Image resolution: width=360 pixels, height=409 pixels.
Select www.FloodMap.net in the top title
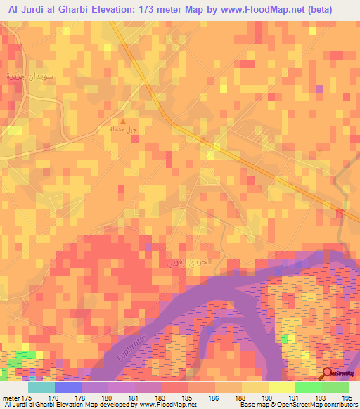pyautogui.click(x=266, y=8)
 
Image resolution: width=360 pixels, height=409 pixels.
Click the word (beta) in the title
pyautogui.click(x=331, y=8)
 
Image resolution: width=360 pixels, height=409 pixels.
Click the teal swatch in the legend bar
pyautogui.click(x=41, y=387)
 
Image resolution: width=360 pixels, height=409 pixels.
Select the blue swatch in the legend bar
pyautogui.click(x=68, y=387)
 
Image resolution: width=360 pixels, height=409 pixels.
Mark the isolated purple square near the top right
pyautogui.click(x=319, y=89)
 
